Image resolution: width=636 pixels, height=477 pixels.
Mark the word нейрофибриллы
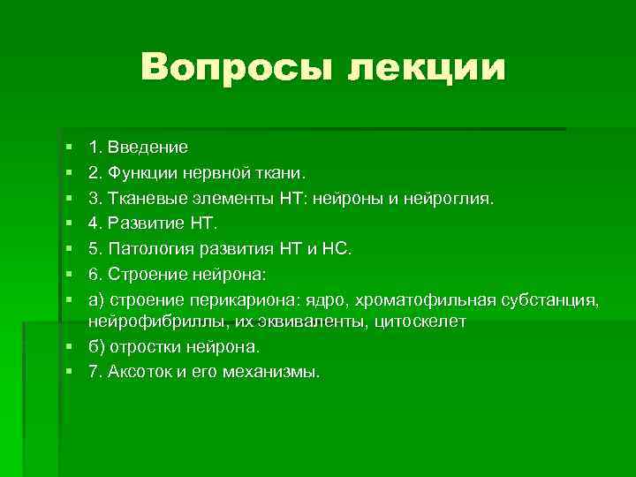click(142, 322)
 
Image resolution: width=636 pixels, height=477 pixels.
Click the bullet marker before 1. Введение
click(69, 144)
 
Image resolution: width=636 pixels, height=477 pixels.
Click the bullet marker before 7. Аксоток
click(69, 372)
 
